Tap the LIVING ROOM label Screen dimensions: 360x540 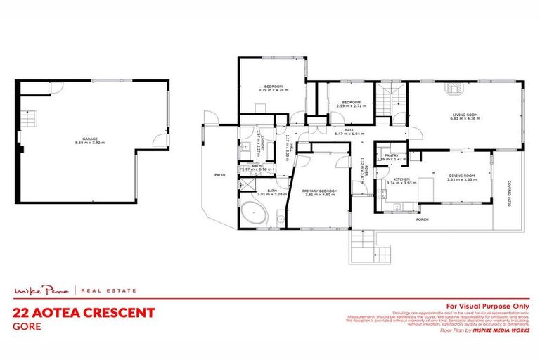click(x=464, y=115)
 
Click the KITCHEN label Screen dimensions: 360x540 click(x=401, y=179)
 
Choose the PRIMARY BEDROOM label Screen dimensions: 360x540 click(x=321, y=190)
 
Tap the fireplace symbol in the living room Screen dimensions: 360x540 click(x=454, y=89)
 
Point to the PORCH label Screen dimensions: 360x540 click(x=423, y=219)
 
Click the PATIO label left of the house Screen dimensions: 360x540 click(x=219, y=175)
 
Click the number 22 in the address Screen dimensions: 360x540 click(x=22, y=312)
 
